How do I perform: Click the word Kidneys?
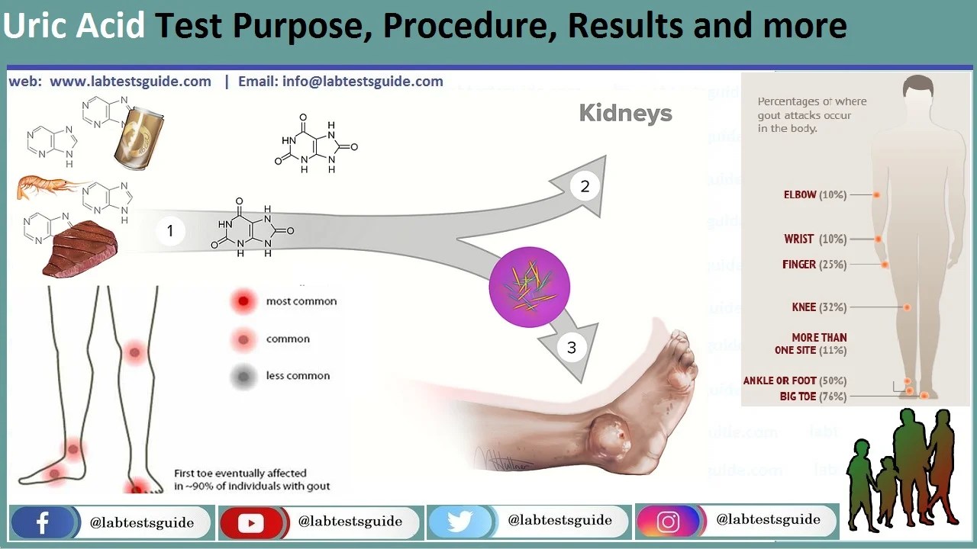click(x=625, y=114)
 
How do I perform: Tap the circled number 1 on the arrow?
click(x=170, y=231)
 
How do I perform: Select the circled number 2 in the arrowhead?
click(x=585, y=186)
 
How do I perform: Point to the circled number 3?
click(x=571, y=348)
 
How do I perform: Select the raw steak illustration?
click(x=81, y=249)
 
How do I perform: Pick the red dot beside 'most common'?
click(x=243, y=302)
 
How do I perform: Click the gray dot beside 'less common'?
click(x=243, y=376)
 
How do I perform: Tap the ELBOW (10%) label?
click(x=814, y=195)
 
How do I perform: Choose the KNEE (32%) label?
click(x=819, y=307)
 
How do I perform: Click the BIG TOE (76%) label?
click(x=813, y=396)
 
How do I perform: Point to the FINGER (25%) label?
click(x=814, y=265)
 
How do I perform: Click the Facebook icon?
click(x=43, y=523)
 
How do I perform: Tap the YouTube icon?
click(x=250, y=523)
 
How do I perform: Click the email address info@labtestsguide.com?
click(x=340, y=82)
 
